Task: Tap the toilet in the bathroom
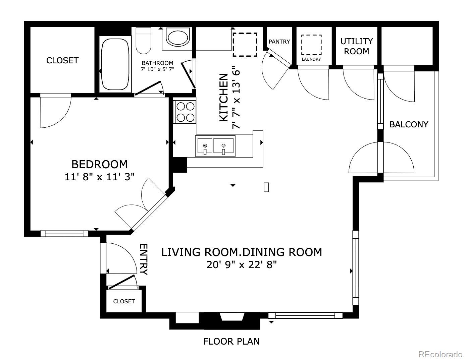(144, 41)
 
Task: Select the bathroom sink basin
(177, 38)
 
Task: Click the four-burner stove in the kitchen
(186, 112)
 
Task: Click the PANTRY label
(279, 42)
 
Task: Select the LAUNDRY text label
(311, 59)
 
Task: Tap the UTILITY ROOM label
(357, 46)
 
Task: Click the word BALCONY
(409, 124)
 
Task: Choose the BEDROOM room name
(99, 164)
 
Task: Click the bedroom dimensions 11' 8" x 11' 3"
(99, 177)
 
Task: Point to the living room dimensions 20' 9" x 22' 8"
(242, 265)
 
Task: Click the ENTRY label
(144, 259)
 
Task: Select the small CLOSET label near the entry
(124, 301)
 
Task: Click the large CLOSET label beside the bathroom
(62, 60)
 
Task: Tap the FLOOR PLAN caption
(231, 341)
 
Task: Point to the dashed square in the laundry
(311, 45)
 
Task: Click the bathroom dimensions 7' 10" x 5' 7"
(157, 69)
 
